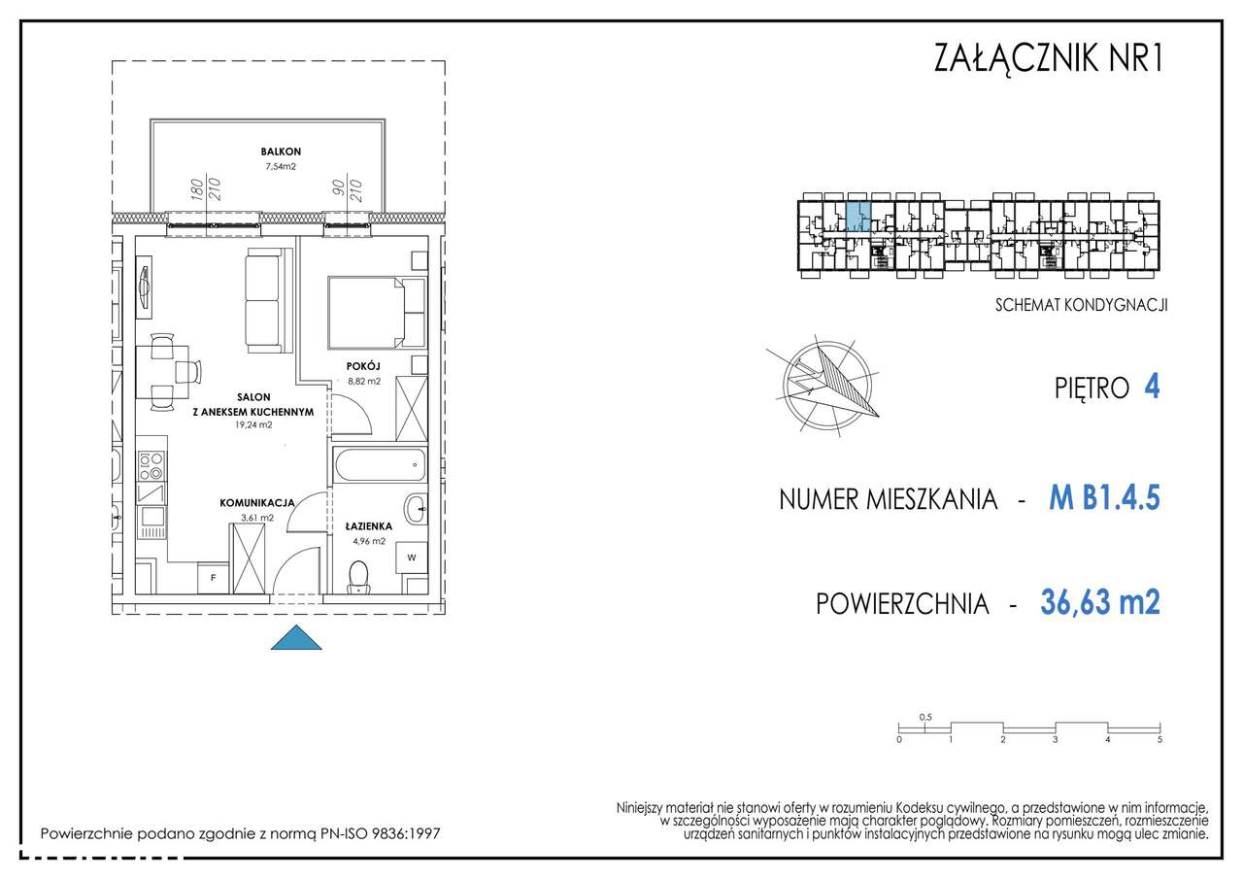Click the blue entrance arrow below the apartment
(x=295, y=639)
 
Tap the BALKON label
(x=280, y=152)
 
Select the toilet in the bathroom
(x=359, y=576)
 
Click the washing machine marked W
(x=412, y=558)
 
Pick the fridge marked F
(x=213, y=578)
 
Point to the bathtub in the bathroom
(x=379, y=466)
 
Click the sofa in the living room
(x=265, y=300)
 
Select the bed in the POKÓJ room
(x=376, y=312)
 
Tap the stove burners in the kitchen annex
(x=151, y=467)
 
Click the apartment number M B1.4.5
(x=1104, y=499)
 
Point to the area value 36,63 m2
(x=1099, y=603)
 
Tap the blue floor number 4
(x=1152, y=388)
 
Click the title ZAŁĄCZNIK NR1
(x=1047, y=59)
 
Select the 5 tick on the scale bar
(x=1159, y=739)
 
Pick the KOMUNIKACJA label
(x=257, y=503)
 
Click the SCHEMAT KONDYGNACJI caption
(x=1081, y=304)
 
